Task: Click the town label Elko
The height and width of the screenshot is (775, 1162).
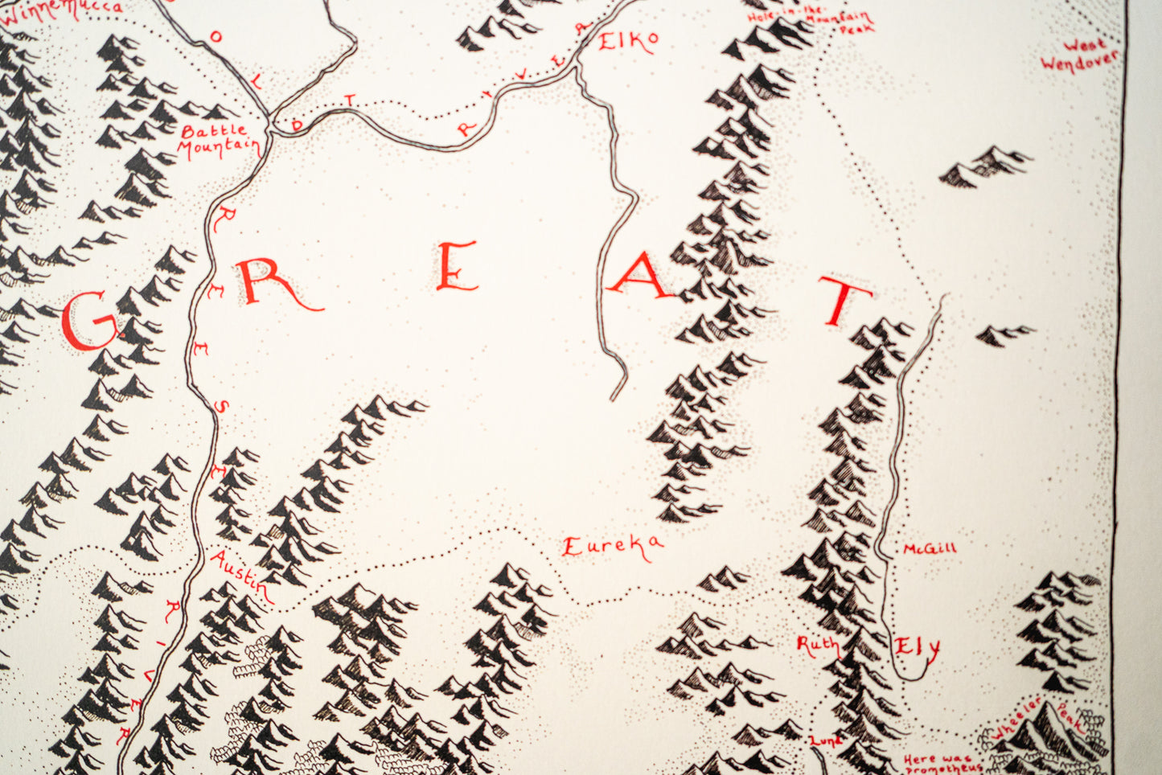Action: tap(628, 41)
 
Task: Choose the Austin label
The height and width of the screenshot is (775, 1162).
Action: tap(240, 575)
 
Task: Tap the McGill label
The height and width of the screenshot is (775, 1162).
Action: tap(929, 548)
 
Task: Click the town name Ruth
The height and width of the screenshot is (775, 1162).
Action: tap(817, 645)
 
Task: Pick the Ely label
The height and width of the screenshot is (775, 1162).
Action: tap(918, 647)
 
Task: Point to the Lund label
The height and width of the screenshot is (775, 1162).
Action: tap(825, 740)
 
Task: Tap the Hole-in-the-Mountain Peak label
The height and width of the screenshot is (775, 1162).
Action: tap(809, 19)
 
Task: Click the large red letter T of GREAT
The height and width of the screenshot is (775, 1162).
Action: tap(844, 299)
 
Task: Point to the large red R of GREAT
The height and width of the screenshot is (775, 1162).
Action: tap(269, 285)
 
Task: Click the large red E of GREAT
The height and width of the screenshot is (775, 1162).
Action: tap(456, 268)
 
